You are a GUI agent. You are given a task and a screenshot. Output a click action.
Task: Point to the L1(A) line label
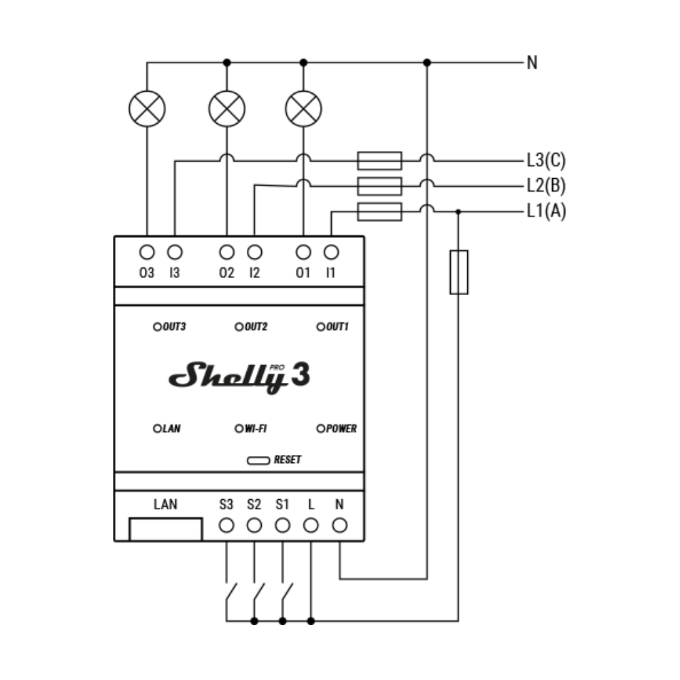tap(547, 211)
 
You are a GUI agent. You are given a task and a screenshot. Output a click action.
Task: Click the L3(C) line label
tap(547, 160)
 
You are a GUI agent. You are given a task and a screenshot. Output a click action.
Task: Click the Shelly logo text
tap(227, 377)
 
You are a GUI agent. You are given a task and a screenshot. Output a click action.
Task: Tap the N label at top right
tap(532, 63)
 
